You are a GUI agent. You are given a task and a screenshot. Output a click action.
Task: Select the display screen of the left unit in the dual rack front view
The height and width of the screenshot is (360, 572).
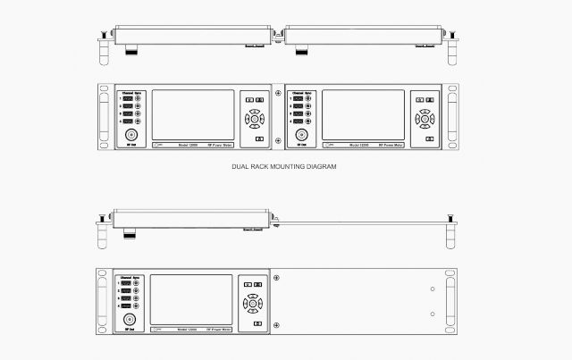[x=193, y=115]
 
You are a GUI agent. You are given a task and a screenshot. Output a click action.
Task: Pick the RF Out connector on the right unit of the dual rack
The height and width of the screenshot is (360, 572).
[x=302, y=132]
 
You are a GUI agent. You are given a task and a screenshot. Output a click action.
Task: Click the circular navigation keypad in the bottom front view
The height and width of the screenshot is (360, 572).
[x=254, y=302]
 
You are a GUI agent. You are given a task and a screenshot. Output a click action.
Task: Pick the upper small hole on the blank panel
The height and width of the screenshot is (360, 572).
[x=433, y=289]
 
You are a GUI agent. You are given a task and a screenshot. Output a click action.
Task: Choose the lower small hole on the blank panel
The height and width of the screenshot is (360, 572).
[x=433, y=314]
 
